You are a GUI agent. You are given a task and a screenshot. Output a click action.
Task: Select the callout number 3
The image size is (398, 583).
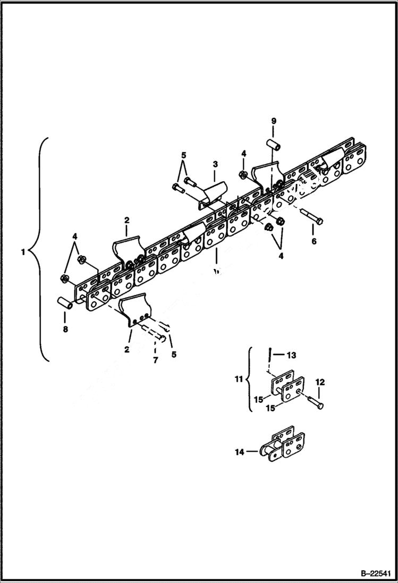(x=216, y=165)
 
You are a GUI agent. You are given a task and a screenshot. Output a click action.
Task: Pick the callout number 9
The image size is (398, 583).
(x=274, y=121)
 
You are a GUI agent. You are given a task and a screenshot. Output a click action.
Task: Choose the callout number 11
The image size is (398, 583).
(x=239, y=379)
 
